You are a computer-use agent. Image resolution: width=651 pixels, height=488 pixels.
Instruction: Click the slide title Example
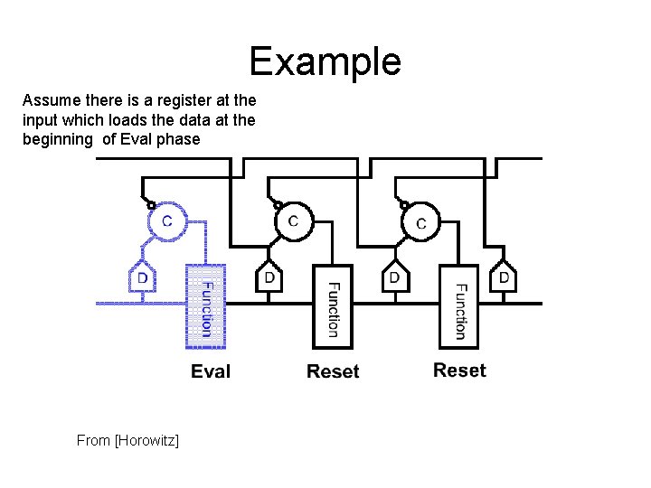pos(325,62)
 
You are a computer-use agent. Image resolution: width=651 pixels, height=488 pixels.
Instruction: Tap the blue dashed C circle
pos(167,221)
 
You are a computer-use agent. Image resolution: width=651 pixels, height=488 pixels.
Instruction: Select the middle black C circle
pos(293,221)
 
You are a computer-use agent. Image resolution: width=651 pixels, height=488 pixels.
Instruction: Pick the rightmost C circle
pos(420,221)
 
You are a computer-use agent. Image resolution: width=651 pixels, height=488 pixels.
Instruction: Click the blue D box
pos(142,279)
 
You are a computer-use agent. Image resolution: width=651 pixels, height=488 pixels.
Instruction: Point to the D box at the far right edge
pos(504,277)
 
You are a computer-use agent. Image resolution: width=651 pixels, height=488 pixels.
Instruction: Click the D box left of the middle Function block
pos(269,277)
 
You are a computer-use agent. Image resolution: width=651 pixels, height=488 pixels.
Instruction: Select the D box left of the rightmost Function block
pos(394,277)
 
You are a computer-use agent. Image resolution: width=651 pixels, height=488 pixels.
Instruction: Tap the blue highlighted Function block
pos(205,307)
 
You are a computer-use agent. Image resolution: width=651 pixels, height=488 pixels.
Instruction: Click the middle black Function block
pos(332,307)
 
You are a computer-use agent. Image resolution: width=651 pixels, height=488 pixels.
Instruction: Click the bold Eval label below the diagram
pos(211,371)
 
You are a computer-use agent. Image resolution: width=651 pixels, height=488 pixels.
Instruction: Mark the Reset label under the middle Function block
pos(333,371)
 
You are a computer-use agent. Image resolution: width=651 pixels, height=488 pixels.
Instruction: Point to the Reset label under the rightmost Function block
pos(459,371)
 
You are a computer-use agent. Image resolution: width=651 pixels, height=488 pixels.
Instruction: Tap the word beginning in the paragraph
pos(57,139)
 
